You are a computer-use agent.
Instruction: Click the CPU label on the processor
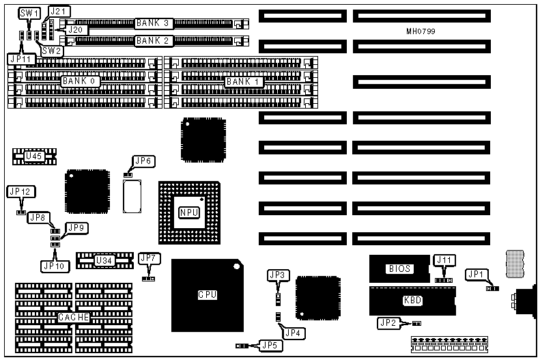click(x=207, y=295)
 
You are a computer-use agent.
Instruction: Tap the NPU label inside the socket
click(x=188, y=212)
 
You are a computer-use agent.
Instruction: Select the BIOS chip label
click(x=399, y=268)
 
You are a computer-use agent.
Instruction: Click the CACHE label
click(x=72, y=318)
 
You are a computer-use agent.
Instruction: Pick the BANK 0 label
click(x=81, y=81)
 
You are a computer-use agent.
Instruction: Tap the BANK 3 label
click(x=152, y=23)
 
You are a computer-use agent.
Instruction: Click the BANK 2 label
click(x=152, y=41)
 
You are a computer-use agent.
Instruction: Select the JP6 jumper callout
click(x=143, y=161)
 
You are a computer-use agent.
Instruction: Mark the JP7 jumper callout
click(x=147, y=258)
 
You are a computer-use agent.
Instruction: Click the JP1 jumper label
click(x=476, y=275)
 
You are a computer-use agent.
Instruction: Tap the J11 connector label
click(x=444, y=260)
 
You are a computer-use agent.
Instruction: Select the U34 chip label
click(x=104, y=260)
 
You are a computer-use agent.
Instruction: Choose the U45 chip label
click(x=33, y=156)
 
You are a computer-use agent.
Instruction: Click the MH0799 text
click(x=421, y=32)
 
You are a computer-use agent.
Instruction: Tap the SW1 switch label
click(x=29, y=13)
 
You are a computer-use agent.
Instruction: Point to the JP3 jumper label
click(x=277, y=275)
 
